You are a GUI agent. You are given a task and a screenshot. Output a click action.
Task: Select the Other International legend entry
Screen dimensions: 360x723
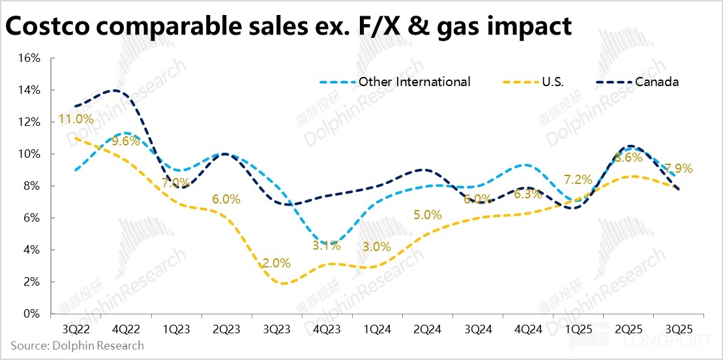414,82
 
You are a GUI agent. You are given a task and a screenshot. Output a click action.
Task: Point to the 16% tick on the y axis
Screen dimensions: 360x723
29,58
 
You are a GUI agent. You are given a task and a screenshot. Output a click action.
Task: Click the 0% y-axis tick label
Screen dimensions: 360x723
32,314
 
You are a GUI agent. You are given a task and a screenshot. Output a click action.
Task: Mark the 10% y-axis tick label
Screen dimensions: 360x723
29,154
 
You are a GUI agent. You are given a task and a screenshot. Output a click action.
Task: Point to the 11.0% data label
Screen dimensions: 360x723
76,119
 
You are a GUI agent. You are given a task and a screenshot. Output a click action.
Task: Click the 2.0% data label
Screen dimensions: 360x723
276,263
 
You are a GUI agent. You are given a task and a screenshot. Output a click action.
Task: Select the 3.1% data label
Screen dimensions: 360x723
327,245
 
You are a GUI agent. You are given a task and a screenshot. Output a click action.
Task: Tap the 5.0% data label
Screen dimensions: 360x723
428,214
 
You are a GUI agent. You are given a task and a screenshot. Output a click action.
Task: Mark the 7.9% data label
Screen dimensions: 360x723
679,168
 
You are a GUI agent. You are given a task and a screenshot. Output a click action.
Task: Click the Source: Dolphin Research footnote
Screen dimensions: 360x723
77,345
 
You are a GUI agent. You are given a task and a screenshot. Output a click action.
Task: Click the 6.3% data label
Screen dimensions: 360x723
528,194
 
